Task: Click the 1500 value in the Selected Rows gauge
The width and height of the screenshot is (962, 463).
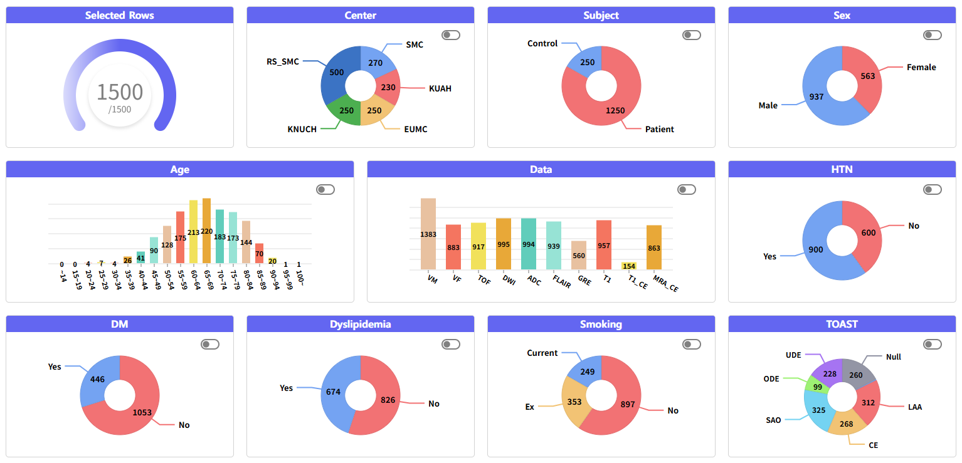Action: click(119, 92)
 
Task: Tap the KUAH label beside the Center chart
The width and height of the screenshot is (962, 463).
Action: click(440, 88)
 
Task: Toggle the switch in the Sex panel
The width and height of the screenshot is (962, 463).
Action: click(932, 35)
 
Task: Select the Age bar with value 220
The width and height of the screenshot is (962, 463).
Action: click(206, 231)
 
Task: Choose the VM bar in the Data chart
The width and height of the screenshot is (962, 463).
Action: click(428, 234)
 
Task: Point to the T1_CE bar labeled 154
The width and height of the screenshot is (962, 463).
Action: click(629, 266)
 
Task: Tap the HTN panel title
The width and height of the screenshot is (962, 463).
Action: click(842, 169)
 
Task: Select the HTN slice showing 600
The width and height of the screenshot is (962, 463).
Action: click(867, 233)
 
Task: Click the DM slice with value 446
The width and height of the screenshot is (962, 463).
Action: click(98, 379)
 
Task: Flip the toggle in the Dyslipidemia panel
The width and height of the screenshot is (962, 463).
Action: click(450, 344)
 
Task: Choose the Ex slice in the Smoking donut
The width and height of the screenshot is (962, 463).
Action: click(573, 402)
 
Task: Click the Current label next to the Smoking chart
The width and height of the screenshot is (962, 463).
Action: click(542, 353)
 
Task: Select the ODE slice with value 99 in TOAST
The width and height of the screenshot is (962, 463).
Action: click(817, 386)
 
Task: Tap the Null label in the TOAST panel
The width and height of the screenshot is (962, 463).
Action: click(893, 356)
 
